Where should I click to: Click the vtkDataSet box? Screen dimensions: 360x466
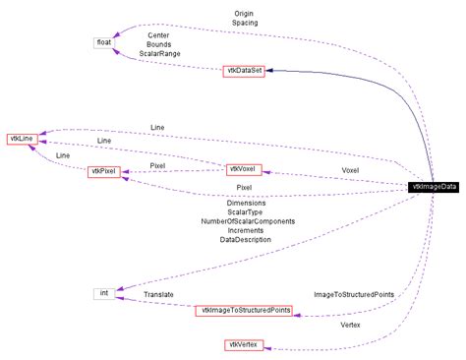click(x=243, y=71)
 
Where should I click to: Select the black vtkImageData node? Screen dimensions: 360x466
click(x=434, y=187)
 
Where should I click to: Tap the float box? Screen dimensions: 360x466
click(x=104, y=42)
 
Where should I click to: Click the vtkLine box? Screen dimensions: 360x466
click(x=23, y=139)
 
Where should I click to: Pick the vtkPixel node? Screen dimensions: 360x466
click(x=103, y=171)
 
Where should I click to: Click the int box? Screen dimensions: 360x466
click(x=104, y=293)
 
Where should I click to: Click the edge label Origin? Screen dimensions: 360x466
click(x=245, y=12)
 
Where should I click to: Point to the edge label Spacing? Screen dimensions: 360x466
click(x=245, y=22)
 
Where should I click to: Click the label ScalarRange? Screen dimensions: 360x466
click(x=158, y=55)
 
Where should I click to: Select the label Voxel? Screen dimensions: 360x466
click(x=350, y=169)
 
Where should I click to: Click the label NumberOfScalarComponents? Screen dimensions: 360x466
click(x=246, y=221)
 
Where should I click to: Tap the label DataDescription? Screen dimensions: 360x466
click(x=246, y=239)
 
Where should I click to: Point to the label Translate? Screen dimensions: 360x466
click(x=158, y=294)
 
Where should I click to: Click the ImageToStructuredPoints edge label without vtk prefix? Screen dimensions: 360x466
click(x=354, y=294)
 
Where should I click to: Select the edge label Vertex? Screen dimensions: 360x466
click(x=349, y=325)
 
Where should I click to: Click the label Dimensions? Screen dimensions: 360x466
click(x=246, y=204)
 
